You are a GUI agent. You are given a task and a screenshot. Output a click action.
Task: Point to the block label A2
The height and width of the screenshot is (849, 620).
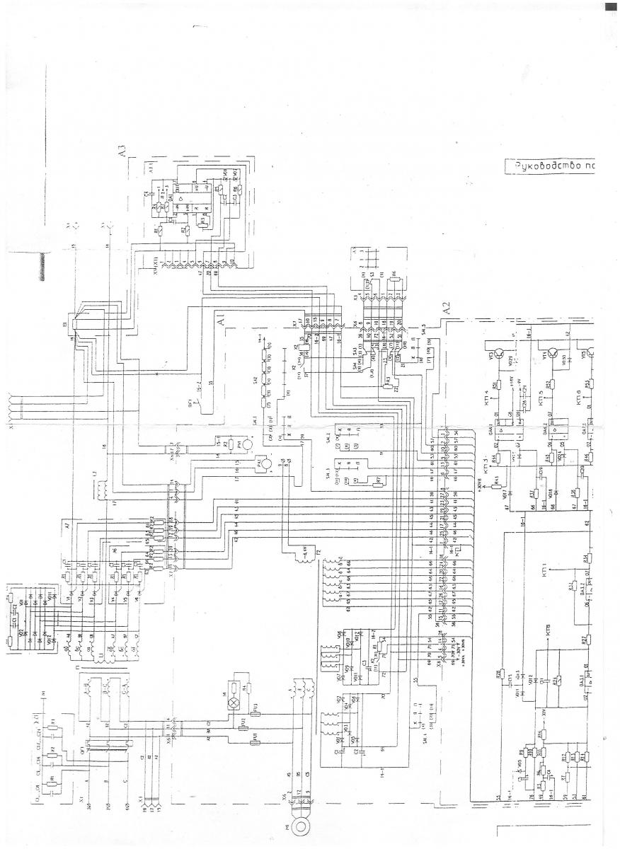click(446, 310)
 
